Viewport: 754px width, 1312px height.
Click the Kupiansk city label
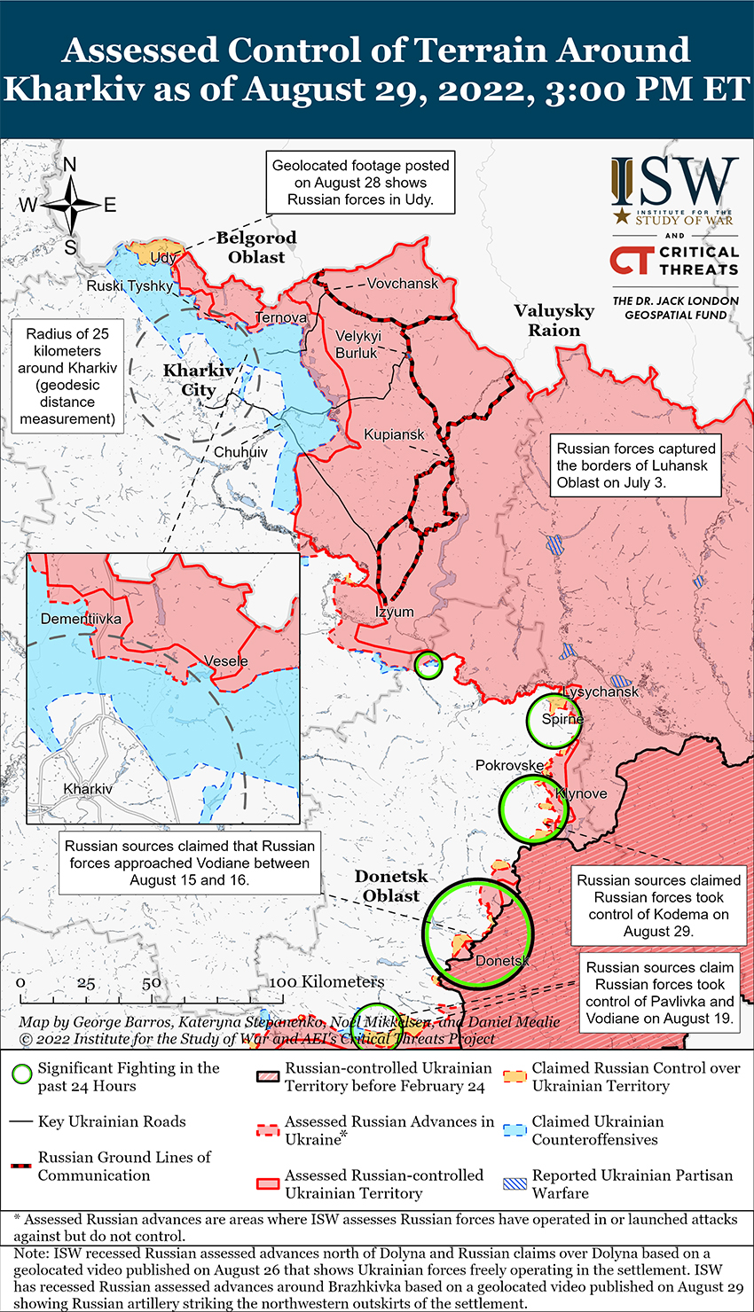pyautogui.click(x=394, y=434)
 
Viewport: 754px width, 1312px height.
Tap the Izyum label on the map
pyautogui.click(x=394, y=612)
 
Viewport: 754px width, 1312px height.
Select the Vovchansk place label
pyautogui.click(x=403, y=284)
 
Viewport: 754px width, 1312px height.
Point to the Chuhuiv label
pyautogui.click(x=240, y=452)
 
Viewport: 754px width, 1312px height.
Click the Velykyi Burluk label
pyautogui.click(x=357, y=344)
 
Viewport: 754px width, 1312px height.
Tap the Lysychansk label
pyautogui.click(x=601, y=691)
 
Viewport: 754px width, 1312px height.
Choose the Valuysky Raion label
pyautogui.click(x=554, y=320)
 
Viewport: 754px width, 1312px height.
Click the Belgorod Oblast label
pyautogui.click(x=256, y=247)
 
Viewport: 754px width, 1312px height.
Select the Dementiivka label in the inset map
pyautogui.click(x=81, y=619)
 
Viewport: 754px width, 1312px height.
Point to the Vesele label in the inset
pyautogui.click(x=226, y=661)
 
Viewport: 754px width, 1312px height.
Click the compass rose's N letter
pyautogui.click(x=70, y=165)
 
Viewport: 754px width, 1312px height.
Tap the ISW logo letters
pyautogui.click(x=674, y=182)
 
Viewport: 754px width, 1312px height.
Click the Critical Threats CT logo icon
pyautogui.click(x=631, y=260)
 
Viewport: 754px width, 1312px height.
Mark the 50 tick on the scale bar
pyautogui.click(x=152, y=983)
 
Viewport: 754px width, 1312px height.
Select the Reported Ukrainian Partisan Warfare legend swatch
pyautogui.click(x=514, y=1183)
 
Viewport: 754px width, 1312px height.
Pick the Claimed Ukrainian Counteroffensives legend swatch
pyautogui.click(x=514, y=1130)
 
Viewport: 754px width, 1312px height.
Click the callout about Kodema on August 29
pyautogui.click(x=657, y=905)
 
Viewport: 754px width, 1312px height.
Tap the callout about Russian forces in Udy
pyautogui.click(x=360, y=182)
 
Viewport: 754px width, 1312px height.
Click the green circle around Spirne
pyautogui.click(x=554, y=721)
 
